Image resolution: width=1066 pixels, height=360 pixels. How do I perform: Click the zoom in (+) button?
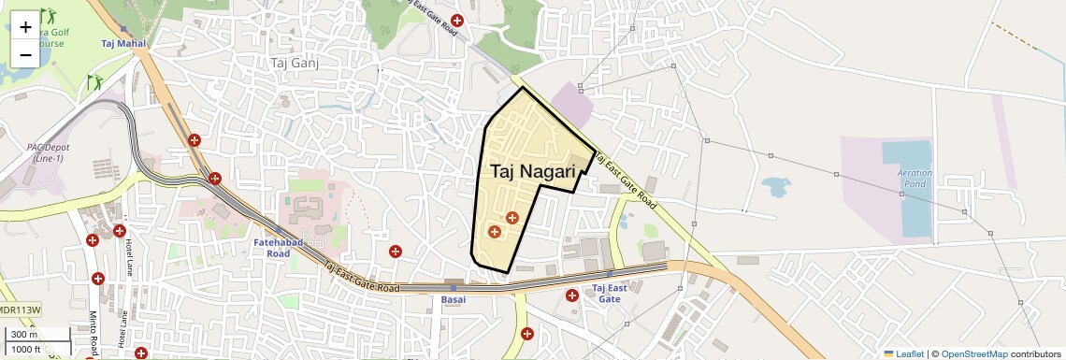pos(25,27)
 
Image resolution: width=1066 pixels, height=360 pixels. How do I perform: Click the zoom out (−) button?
pos(25,54)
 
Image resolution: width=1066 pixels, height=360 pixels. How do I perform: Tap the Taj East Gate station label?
pos(609,294)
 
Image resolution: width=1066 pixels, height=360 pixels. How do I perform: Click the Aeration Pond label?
pos(915,178)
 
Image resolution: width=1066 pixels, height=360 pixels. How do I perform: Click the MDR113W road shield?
pos(21,310)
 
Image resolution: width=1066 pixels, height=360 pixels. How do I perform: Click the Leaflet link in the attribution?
pos(904,353)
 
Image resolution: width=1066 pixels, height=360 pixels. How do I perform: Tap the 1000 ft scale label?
pos(25,349)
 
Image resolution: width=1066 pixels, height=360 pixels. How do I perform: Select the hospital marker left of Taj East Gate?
pos(571,295)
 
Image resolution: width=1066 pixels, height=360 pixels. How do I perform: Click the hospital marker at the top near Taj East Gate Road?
pos(457,21)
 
